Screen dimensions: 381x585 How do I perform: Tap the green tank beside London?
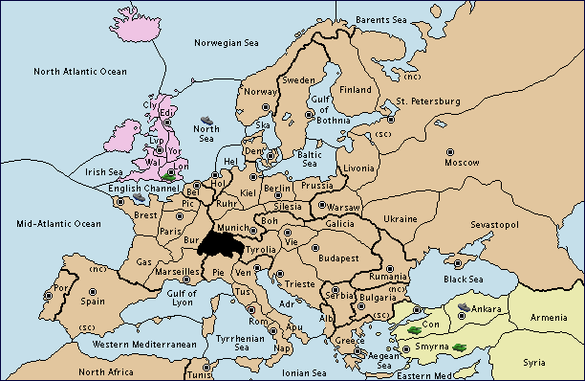click(170, 177)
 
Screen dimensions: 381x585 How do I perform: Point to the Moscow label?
click(461, 163)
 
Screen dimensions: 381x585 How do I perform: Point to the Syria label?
click(535, 363)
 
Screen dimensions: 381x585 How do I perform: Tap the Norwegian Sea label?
click(226, 42)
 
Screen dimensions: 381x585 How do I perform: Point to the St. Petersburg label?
click(422, 101)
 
